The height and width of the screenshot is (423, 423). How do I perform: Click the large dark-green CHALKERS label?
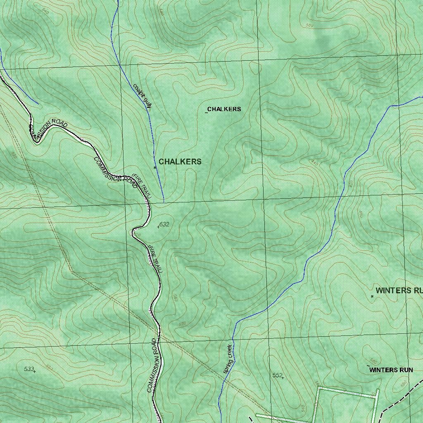pyautogui.click(x=180, y=162)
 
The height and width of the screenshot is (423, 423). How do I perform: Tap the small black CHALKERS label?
pyautogui.click(x=224, y=109)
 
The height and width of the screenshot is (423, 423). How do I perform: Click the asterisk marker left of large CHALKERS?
pyautogui.click(x=155, y=168)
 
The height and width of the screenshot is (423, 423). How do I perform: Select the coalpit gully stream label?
pyautogui.click(x=142, y=96)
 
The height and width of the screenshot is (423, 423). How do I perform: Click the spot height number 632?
pyautogui.click(x=164, y=224)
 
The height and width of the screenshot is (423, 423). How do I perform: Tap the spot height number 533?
pyautogui.click(x=29, y=369)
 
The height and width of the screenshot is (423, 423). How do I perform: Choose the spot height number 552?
pyautogui.click(x=277, y=375)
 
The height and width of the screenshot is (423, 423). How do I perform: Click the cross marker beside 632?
pyautogui.click(x=159, y=226)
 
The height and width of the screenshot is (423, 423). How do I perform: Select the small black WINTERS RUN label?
pyautogui.click(x=391, y=370)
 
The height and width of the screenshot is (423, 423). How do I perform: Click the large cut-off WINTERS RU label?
pyautogui.click(x=399, y=290)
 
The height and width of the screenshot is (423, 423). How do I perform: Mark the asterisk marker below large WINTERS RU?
pyautogui.click(x=372, y=296)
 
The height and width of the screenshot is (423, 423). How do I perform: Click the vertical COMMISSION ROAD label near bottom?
pyautogui.click(x=152, y=365)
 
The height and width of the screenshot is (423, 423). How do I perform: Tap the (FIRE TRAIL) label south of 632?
pyautogui.click(x=156, y=259)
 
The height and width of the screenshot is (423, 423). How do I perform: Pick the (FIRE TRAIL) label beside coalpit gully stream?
pyautogui.click(x=142, y=185)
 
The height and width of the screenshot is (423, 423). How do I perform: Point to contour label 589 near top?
pyautogui.click(x=310, y=26)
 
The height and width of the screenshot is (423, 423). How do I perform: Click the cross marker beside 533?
pyautogui.click(x=35, y=371)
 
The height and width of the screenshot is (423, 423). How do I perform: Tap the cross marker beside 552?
pyautogui.click(x=283, y=378)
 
